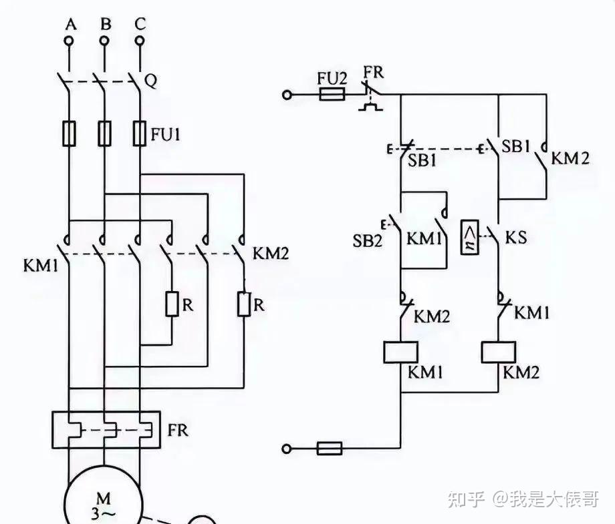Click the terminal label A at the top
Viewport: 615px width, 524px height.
point(69,24)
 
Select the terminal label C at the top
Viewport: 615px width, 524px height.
point(140,24)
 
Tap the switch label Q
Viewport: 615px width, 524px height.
point(151,81)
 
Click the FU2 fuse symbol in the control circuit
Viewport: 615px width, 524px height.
point(332,95)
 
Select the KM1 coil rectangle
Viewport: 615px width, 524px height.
point(400,352)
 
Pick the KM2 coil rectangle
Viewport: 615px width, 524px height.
point(499,352)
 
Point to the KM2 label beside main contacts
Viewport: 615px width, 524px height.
point(270,254)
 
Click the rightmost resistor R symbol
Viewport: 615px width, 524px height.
point(243,304)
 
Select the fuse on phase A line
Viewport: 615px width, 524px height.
point(69,133)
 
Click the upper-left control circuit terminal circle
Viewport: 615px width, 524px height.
point(287,95)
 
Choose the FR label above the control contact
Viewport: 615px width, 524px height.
point(374,72)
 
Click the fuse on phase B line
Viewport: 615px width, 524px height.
point(104,133)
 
